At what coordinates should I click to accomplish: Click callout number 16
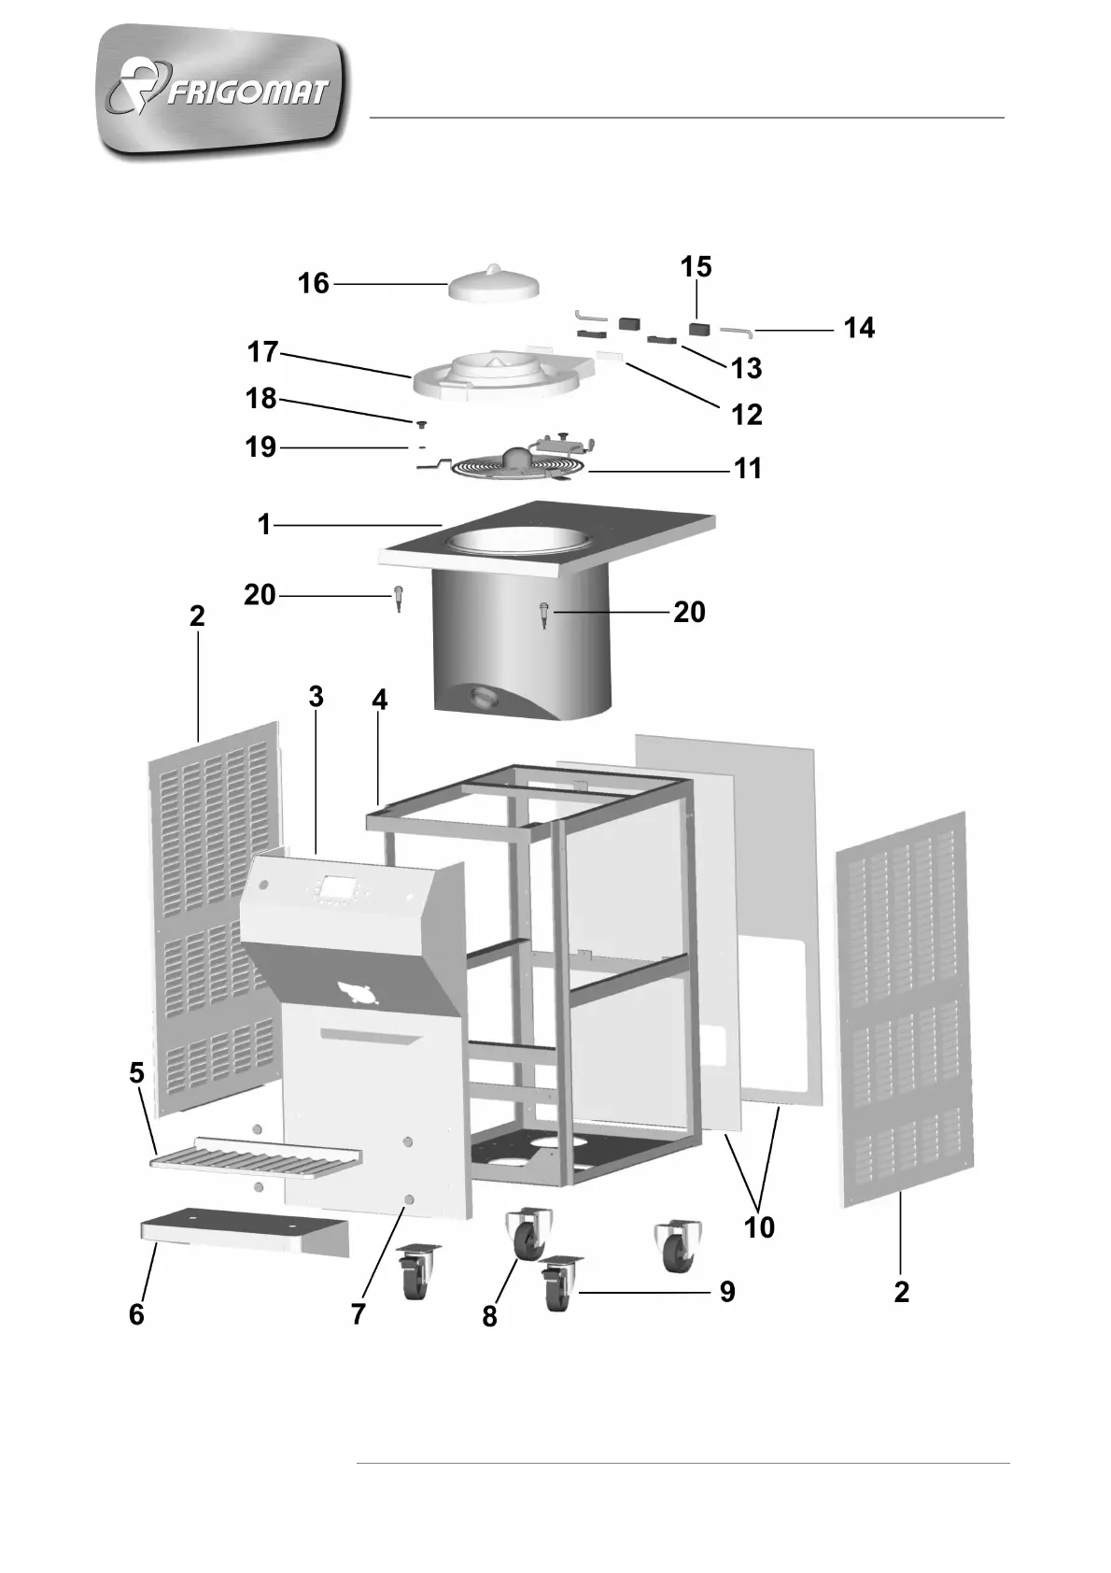pos(314,283)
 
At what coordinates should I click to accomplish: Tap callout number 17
pos(263,352)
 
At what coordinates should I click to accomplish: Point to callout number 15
pos(696,267)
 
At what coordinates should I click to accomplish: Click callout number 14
pos(859,328)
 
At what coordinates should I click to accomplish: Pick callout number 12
pos(747,414)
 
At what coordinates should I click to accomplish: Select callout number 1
pos(264,525)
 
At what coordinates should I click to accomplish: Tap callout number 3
pos(316,697)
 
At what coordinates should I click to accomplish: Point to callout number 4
pos(379,701)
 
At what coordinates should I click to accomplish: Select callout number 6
pos(137,1314)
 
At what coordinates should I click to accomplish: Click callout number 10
pos(759,1226)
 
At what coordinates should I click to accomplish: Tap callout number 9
pos(727,1292)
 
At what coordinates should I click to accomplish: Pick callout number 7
pos(359,1314)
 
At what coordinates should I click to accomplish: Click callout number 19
pos(261,447)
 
